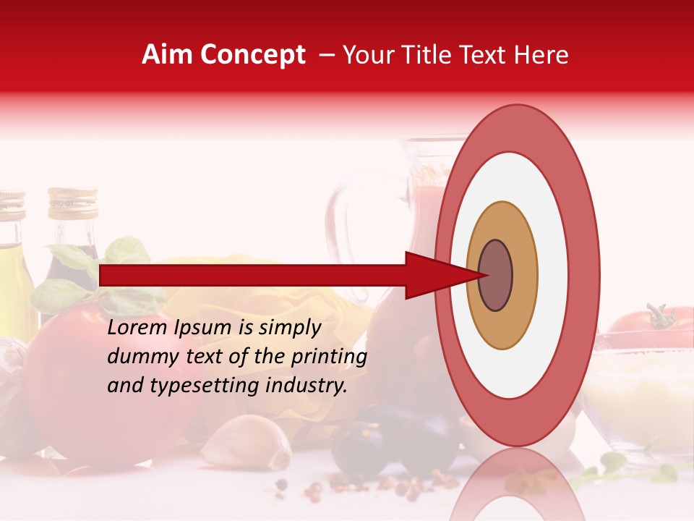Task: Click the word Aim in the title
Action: point(168,55)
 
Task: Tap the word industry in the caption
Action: point(304,386)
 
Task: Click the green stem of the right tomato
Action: point(659,316)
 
